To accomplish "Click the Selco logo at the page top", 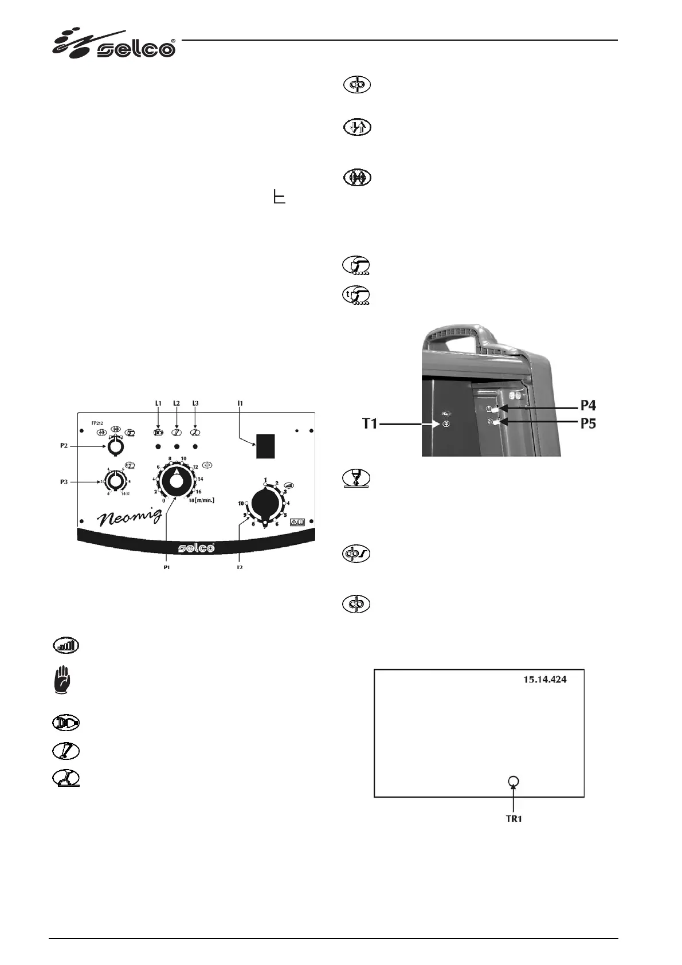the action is pos(115,44).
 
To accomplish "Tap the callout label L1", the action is pos(158,403).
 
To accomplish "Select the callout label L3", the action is pos(195,403).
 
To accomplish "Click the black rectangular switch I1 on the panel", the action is pos(265,446).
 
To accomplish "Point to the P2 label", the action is pos(65,445).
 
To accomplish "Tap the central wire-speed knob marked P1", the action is pos(177,480).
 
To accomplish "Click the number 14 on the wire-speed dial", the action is pos(200,479).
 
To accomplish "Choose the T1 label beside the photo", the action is pos(370,425).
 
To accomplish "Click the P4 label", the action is pos(588,406).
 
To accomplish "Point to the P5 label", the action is pos(588,424).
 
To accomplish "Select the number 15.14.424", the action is pos(545,680).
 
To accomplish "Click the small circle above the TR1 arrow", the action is pos(514,781).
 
